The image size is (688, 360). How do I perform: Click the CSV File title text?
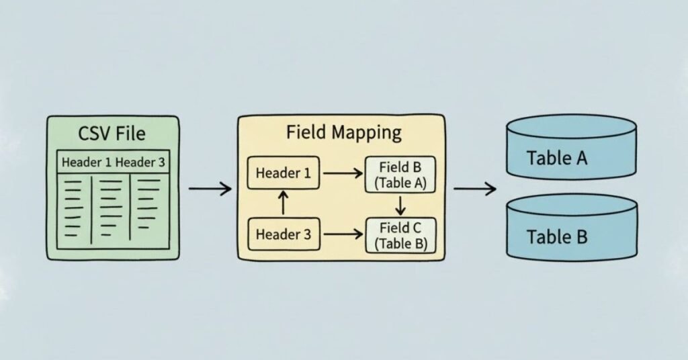point(112,133)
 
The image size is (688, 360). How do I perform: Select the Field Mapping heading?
point(343,132)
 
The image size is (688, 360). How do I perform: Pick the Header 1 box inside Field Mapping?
point(283,173)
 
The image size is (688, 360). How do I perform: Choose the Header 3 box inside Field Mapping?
point(283,234)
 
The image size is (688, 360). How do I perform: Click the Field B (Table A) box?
point(400,175)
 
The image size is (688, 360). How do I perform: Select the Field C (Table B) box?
point(400,235)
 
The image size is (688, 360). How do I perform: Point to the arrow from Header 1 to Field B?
point(343,173)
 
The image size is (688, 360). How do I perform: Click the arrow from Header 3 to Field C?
point(343,234)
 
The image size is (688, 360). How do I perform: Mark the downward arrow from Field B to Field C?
point(400,204)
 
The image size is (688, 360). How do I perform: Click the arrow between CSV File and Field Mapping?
point(210,189)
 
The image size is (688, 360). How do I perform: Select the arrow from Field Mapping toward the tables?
point(474,189)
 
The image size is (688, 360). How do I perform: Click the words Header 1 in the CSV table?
point(87,163)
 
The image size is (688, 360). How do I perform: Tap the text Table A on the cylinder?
point(557,158)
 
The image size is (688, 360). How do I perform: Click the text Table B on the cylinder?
point(557,236)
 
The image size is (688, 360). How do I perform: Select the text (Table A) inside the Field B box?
point(400,183)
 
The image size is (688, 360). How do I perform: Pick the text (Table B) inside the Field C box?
point(400,243)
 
